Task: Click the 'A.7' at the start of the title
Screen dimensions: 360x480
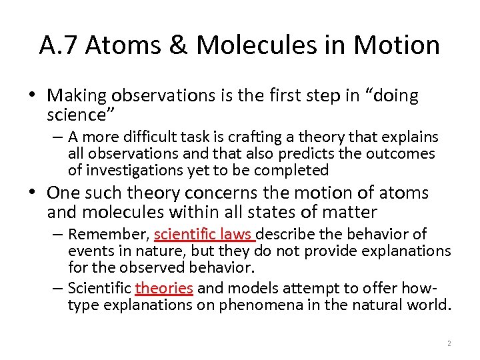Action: (60, 45)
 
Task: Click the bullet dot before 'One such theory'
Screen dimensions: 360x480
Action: (34, 193)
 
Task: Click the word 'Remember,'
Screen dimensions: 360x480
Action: (109, 235)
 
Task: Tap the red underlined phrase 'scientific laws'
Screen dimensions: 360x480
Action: (203, 235)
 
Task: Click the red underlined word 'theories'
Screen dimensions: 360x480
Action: (164, 289)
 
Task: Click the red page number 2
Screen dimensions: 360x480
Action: (449, 343)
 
